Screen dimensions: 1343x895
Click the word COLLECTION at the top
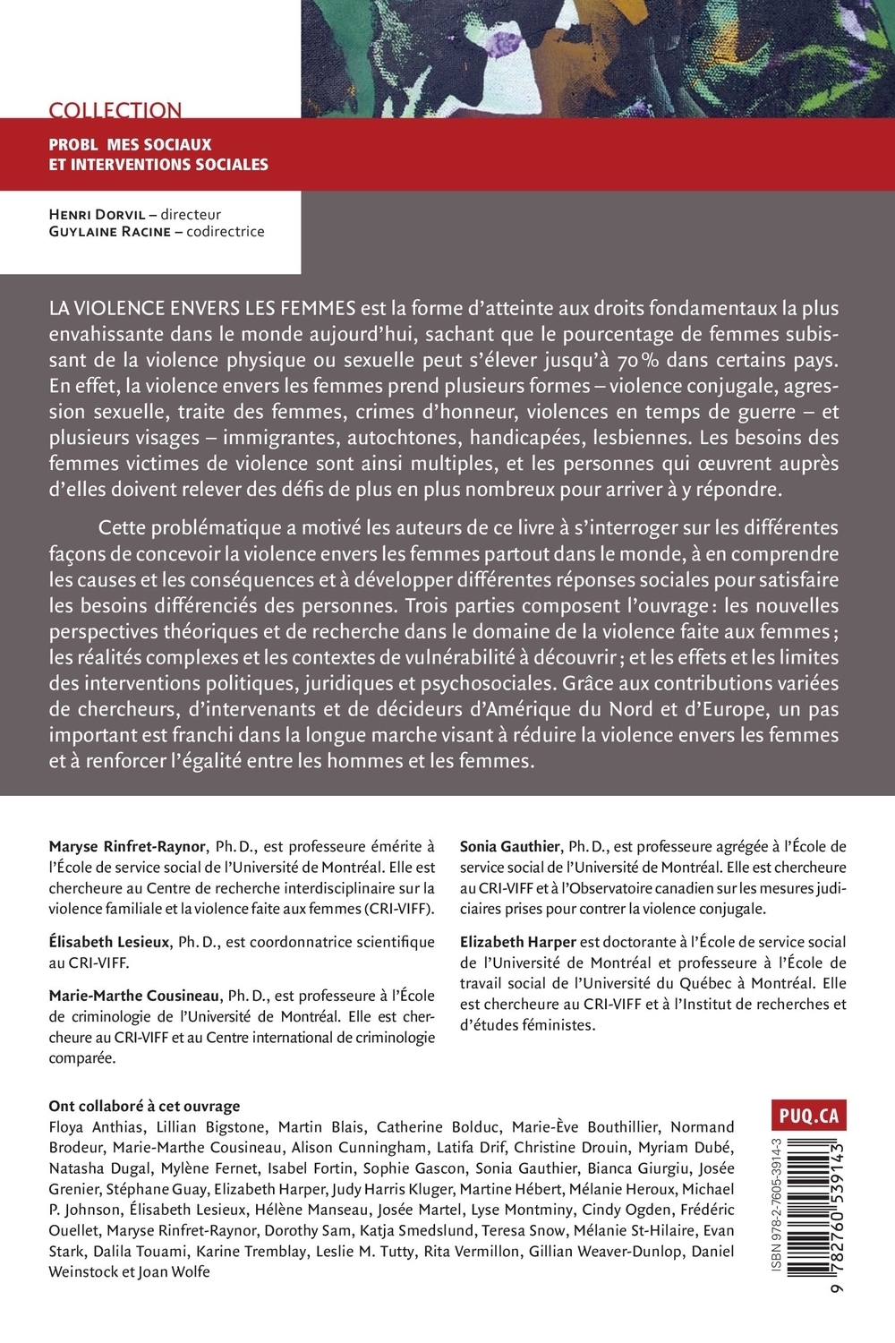click(x=115, y=110)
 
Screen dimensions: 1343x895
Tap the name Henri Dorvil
click(x=99, y=215)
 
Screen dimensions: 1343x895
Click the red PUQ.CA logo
click(x=805, y=1116)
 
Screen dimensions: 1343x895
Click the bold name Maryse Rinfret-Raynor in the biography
click(x=129, y=846)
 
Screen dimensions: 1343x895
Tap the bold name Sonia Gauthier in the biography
click(x=510, y=846)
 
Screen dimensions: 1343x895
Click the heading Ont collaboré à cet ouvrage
click(x=145, y=1107)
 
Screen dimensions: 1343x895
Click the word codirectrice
click(x=226, y=232)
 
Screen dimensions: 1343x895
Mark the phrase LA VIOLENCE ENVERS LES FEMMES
click(x=203, y=309)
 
